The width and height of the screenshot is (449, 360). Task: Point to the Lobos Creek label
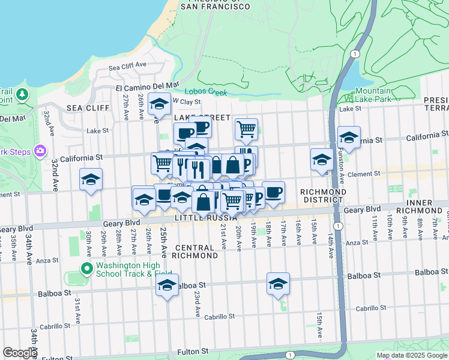206,92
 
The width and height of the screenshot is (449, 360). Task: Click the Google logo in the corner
20,353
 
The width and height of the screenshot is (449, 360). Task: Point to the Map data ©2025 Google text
411,355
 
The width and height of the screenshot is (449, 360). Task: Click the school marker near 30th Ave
91,179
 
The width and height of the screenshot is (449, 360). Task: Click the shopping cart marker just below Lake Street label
246,128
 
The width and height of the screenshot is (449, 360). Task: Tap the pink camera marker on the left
40,150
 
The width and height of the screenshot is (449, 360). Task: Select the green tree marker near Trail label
22,94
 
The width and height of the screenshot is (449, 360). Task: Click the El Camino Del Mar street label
147,86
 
